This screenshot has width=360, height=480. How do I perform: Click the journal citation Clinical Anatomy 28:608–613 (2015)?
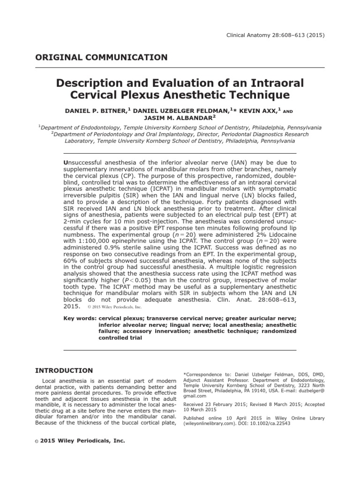pos(280,36)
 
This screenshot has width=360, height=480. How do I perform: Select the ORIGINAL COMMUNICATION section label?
pos(101,58)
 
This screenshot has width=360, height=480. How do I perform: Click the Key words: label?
pos(80,317)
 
